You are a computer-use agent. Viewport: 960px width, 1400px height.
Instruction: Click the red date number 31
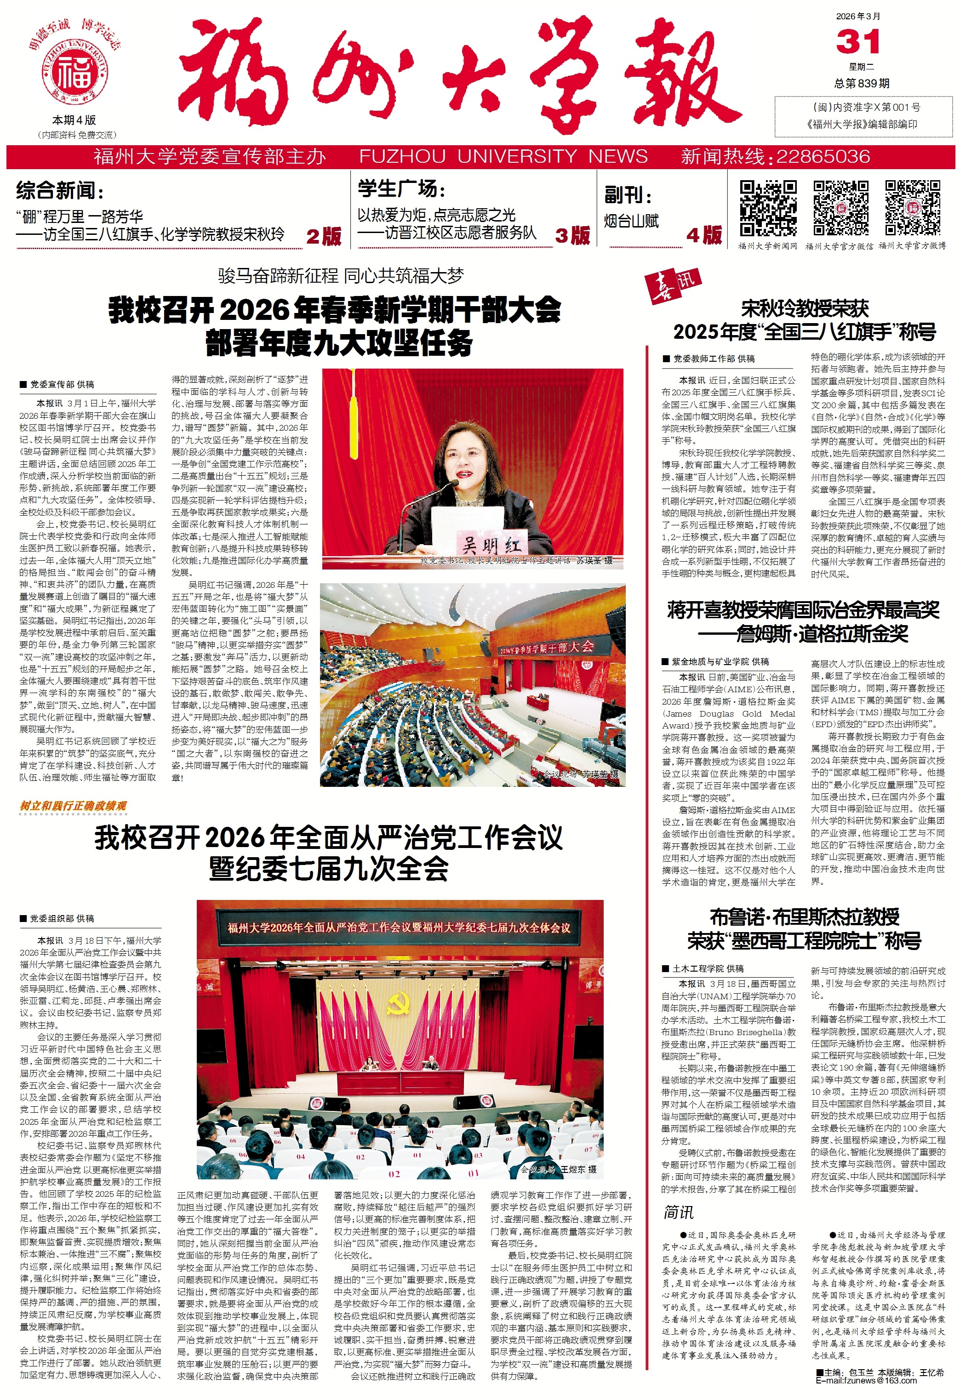tap(857, 43)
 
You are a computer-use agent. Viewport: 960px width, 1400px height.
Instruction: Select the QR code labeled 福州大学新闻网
tap(767, 208)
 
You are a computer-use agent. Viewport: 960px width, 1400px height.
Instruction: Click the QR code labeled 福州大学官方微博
tap(912, 208)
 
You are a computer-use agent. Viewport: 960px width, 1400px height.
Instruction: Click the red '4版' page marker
tap(704, 234)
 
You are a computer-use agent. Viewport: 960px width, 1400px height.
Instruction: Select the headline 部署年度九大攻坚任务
tap(339, 343)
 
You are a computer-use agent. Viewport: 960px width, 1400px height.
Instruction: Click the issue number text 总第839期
tap(862, 84)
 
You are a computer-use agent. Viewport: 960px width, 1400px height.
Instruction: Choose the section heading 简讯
tap(679, 1212)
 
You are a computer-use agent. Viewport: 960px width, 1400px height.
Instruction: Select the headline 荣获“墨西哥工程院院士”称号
tap(804, 940)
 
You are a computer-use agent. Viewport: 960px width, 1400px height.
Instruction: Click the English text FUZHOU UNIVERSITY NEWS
tap(503, 157)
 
